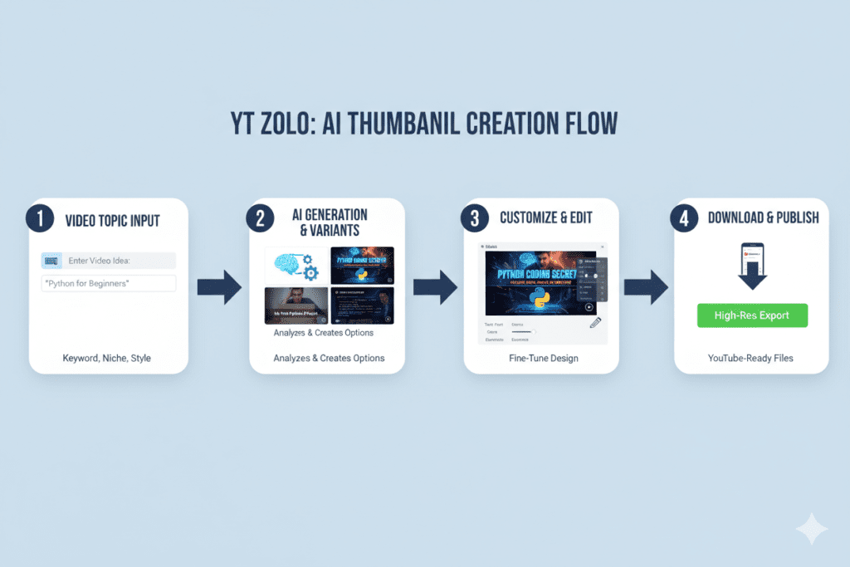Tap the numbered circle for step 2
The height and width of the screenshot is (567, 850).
pos(260,219)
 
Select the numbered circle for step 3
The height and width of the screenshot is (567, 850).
pos(475,219)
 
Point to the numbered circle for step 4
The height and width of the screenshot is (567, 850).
pos(683,219)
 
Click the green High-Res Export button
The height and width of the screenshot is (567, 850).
pos(752,315)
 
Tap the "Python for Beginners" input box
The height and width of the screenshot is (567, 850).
pos(109,283)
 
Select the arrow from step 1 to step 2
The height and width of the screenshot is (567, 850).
pos(218,287)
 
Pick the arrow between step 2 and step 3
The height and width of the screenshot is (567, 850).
pos(435,287)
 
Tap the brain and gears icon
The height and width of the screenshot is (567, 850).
pos(296,264)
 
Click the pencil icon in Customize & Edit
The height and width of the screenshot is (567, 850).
pos(595,324)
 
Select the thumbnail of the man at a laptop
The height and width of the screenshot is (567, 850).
pos(296,305)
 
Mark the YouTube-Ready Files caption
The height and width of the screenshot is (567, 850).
pos(751,359)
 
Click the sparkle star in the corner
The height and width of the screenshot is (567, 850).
pos(811,530)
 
